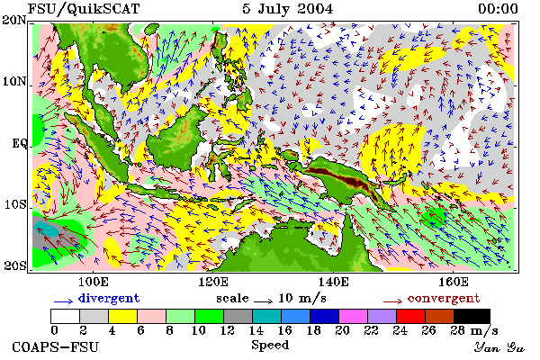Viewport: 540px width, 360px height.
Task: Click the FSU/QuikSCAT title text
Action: click(84, 9)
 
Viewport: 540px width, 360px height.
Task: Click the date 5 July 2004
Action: click(288, 9)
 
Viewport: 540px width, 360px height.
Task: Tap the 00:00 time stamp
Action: click(498, 9)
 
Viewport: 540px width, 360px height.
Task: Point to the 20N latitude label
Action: click(14, 20)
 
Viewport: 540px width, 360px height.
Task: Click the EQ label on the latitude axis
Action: click(20, 143)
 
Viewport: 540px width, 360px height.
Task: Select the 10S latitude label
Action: click(15, 204)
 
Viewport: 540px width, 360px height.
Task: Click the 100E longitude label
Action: click(94, 282)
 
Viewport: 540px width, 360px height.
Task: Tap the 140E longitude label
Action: click(333, 282)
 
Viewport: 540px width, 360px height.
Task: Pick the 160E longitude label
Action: click(454, 282)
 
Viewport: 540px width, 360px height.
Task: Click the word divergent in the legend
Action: click(109, 298)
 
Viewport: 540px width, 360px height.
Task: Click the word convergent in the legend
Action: click(444, 298)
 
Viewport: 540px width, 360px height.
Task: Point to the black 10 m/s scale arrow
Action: click(264, 301)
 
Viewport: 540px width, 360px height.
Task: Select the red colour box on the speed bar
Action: click(411, 316)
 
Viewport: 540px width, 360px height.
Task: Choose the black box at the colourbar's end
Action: click(472, 316)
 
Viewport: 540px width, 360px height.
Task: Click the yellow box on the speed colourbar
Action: click(123, 316)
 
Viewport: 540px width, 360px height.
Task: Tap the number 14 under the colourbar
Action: click(256, 330)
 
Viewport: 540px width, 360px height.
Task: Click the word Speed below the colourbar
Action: click(270, 346)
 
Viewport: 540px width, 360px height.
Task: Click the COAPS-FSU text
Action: click(56, 346)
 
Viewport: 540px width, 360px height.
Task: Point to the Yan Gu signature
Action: click(499, 347)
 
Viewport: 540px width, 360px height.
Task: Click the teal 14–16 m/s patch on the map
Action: click(48, 229)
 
